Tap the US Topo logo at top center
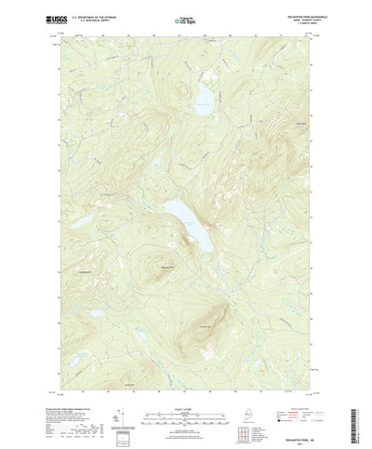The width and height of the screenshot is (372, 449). click(x=186, y=19)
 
